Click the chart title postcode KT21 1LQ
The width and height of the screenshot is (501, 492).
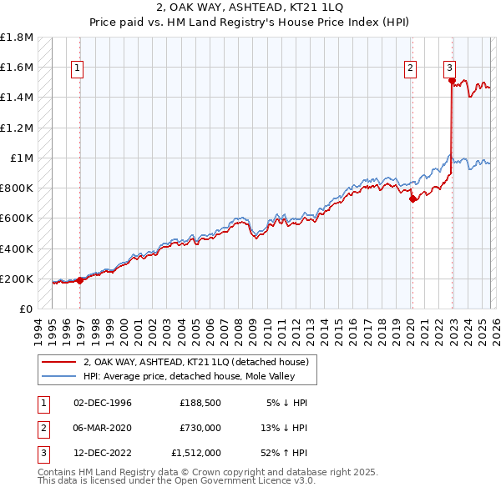point(307,6)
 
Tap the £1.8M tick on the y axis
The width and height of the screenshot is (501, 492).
point(17,38)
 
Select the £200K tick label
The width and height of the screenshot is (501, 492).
point(17,279)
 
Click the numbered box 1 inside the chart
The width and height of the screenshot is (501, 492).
point(77,69)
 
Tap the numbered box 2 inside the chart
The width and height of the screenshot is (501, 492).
point(411,69)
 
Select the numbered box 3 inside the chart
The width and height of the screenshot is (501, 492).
point(449,69)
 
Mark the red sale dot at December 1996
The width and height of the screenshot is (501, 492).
point(80,280)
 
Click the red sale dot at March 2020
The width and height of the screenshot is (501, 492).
point(412,198)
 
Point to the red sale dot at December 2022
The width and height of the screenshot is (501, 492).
point(452,81)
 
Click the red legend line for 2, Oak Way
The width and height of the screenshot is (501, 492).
point(59,362)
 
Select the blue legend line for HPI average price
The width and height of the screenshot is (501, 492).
point(59,376)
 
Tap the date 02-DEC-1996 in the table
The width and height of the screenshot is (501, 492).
point(103,403)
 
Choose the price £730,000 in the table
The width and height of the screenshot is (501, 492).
point(200,428)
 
